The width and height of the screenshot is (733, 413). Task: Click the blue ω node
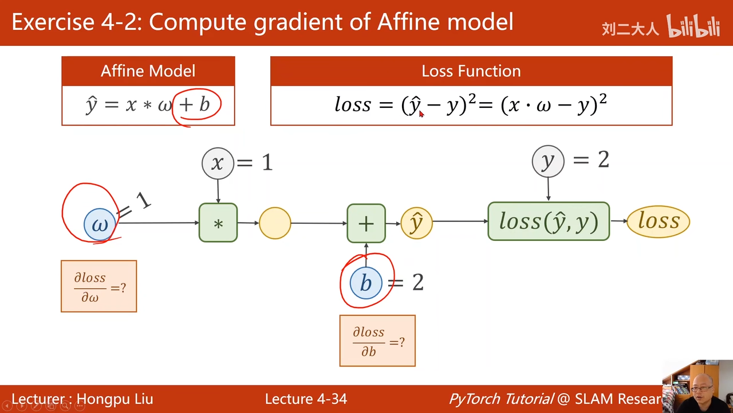pos(100,224)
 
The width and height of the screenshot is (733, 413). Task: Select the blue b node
pos(366,283)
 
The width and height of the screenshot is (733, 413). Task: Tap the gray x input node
pos(218,163)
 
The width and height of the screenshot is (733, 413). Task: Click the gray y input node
pos(548,161)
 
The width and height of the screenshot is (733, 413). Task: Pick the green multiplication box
pos(218,223)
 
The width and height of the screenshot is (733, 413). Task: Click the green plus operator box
pos(366,223)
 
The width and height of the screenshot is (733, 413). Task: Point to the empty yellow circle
pos(275,223)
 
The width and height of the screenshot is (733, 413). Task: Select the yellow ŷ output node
pos(416,223)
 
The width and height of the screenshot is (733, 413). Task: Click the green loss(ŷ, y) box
pos(548,221)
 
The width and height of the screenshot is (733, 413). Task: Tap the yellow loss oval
pos(659,221)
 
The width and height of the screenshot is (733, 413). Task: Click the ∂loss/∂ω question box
pos(98,286)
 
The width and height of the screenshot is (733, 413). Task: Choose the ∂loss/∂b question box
pos(377,341)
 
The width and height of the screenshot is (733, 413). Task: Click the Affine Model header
pos(148,71)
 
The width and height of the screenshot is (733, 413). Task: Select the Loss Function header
pos(471,71)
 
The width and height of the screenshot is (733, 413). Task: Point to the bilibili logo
pos(693,26)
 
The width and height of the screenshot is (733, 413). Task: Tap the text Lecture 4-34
pos(306,399)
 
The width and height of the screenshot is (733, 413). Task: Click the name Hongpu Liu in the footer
pos(115,399)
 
